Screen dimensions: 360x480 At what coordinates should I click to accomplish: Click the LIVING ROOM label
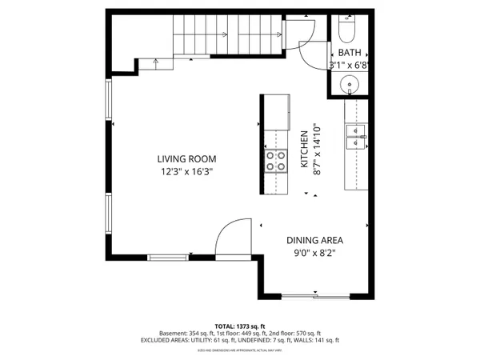pos(186,158)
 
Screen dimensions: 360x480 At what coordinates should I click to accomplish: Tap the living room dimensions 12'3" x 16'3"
pos(186,170)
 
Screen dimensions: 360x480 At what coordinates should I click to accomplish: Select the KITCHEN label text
pos(304,150)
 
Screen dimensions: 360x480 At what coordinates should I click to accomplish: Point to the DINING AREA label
pos(314,239)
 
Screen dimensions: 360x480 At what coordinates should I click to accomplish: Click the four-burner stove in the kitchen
pos(276,162)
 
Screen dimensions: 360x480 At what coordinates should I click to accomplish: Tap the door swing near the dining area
pos(233,237)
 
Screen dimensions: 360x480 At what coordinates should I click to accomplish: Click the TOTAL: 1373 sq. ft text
pos(240,326)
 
